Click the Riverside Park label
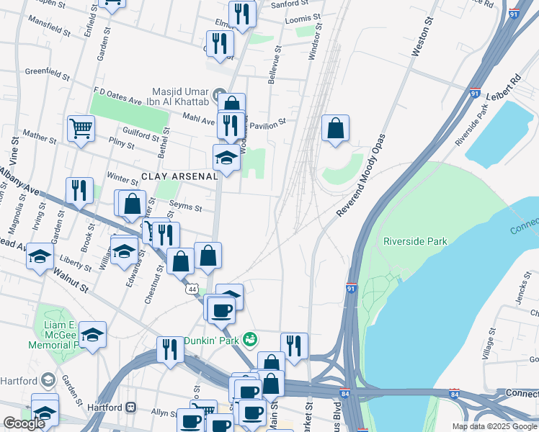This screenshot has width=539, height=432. click(415, 241)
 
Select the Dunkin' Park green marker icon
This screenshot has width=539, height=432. click(250, 338)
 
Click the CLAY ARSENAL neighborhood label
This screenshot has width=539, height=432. click(179, 176)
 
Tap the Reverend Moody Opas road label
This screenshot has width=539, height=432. click(360, 175)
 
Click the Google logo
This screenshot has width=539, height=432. click(24, 423)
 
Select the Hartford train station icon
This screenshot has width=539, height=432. click(131, 406)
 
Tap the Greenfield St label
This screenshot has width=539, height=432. click(47, 73)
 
